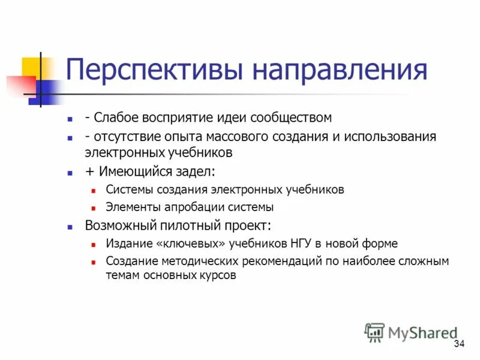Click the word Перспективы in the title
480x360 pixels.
pos(155,70)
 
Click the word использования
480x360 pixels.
pos(389,136)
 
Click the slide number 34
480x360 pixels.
pos(460,344)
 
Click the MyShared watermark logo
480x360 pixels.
pos(411,332)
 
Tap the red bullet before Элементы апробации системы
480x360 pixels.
pos(94,208)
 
